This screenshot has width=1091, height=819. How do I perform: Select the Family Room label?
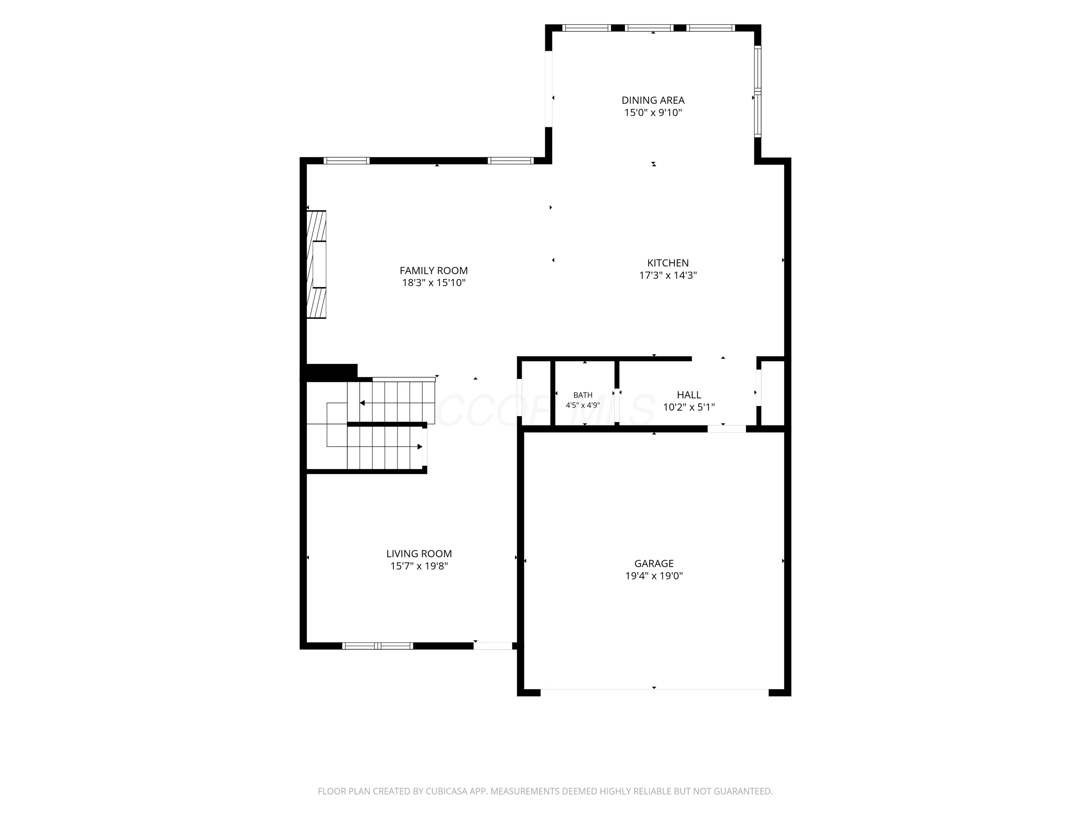433,270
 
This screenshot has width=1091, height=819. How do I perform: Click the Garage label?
654,563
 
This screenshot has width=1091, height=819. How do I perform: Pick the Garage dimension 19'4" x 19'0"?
654,575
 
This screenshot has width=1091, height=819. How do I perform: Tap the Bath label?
583,395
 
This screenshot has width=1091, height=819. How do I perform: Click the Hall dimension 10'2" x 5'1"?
689,407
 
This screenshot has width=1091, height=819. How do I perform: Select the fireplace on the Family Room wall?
316,265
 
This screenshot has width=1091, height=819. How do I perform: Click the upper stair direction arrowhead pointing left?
363,403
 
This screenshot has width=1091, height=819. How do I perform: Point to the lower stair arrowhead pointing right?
420,447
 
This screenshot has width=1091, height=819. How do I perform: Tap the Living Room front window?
378,646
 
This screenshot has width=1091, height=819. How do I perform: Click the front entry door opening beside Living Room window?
493,646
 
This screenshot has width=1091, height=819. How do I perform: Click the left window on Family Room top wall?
347,161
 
